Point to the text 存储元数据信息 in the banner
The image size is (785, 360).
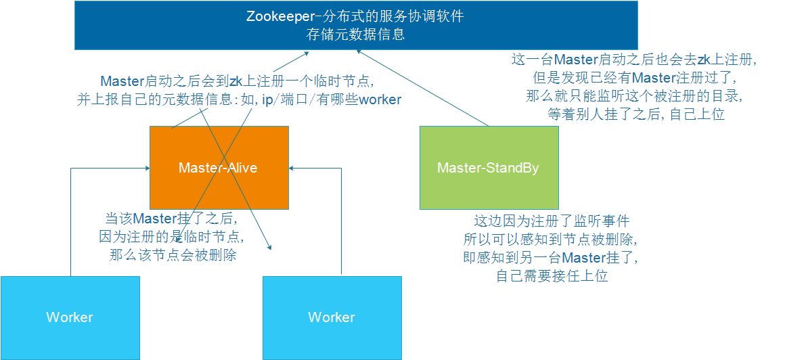pyautogui.click(x=356, y=34)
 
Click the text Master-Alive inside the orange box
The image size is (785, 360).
pyautogui.click(x=218, y=168)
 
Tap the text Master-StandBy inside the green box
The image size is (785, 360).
pyautogui.click(x=488, y=168)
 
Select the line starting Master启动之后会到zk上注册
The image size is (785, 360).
pyautogui.click(x=237, y=81)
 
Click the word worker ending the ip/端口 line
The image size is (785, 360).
pyautogui.click(x=380, y=100)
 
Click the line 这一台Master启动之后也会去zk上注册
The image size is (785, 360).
pyautogui.click(x=634, y=60)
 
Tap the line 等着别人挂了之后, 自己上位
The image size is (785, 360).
pyautogui.click(x=635, y=114)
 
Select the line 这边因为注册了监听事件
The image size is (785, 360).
pyautogui.click(x=552, y=221)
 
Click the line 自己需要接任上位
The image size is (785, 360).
pyautogui.click(x=552, y=275)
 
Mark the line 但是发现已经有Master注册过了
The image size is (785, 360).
pyautogui.click(x=634, y=78)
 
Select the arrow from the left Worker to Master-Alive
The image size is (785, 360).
pyautogui.click(x=71, y=223)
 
